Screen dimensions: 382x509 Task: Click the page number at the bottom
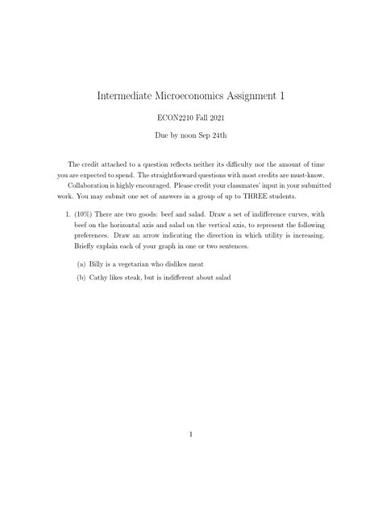click(x=190, y=433)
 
